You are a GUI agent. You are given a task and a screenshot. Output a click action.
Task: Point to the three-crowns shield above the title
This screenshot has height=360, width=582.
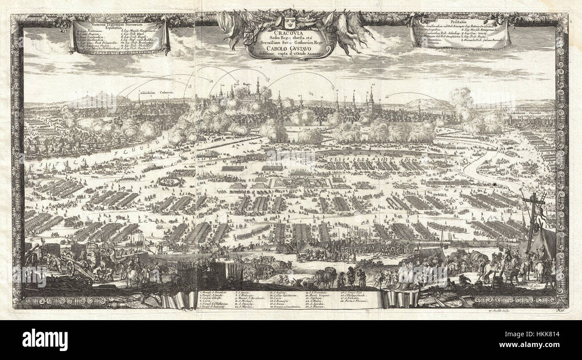[x=288, y=23]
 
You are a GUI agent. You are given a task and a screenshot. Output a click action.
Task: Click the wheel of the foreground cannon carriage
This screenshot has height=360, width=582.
[x=70, y=267]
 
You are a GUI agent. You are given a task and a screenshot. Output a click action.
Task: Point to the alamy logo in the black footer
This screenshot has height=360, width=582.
[x=45, y=340]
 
